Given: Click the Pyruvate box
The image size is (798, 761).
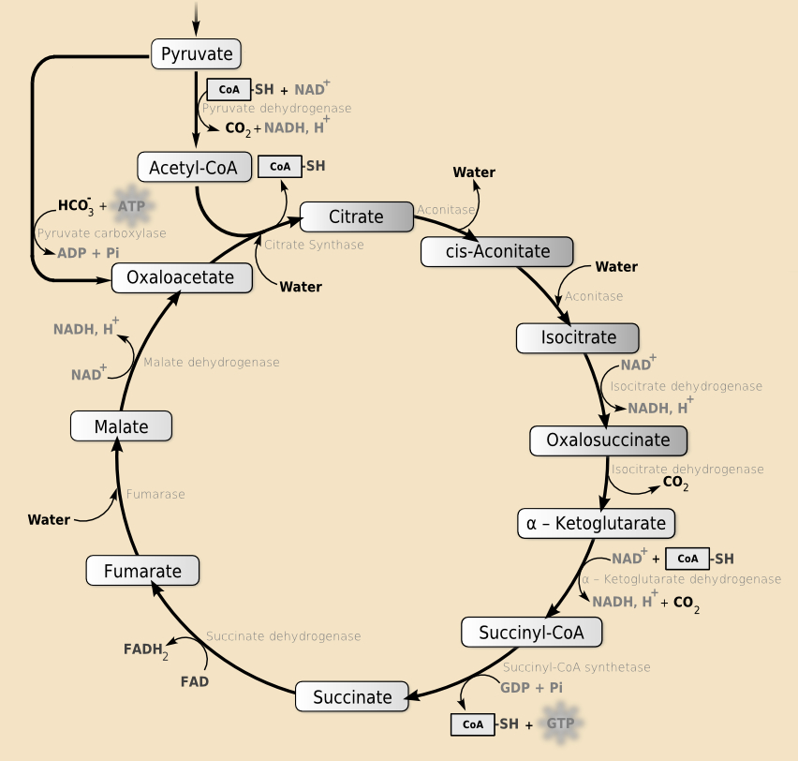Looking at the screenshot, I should point(197,53).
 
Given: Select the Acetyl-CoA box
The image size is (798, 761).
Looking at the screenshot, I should point(195,168).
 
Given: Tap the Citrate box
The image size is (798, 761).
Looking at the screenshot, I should point(356,217).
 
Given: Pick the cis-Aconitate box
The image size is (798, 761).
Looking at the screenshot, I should point(497,251).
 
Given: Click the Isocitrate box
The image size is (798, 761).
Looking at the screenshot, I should point(578,337).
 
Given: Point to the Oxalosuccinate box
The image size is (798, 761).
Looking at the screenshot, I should point(609,440).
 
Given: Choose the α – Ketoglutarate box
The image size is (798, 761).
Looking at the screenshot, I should point(596,523).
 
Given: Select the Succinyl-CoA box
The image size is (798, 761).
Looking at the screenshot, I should point(531,633).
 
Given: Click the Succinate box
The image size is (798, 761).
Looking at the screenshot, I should point(352,696).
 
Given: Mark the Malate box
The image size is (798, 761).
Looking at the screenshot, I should point(122,426).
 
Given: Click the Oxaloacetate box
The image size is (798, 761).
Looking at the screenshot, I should point(181,277).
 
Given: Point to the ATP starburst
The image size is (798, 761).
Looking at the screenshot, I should point(132,205).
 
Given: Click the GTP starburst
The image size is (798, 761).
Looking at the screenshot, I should point(560,724).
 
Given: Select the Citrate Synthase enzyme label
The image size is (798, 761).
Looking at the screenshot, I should point(313,245).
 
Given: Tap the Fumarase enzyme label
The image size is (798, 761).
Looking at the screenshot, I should point(155,494).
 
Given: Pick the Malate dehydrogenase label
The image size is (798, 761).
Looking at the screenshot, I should point(211,362).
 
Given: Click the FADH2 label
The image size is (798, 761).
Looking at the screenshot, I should point(146,649).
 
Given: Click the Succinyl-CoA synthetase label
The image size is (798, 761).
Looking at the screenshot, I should point(576,667).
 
